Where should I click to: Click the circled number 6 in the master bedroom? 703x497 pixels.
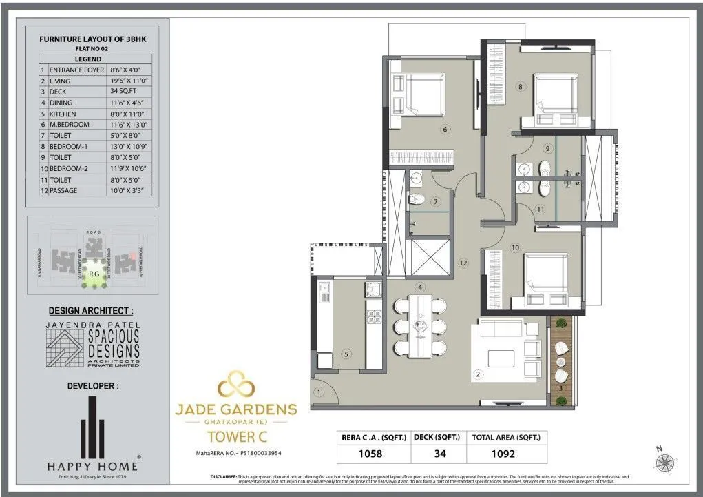point(445,129)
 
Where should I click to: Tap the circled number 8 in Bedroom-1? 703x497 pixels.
point(521,87)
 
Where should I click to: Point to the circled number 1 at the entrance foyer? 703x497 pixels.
point(319,392)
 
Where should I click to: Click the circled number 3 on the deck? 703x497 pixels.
point(562,388)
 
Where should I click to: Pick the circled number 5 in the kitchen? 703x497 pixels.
point(346,354)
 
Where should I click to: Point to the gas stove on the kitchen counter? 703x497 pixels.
point(375,316)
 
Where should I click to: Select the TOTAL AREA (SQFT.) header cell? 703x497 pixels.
point(506,437)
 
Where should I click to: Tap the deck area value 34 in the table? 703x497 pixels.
point(439,454)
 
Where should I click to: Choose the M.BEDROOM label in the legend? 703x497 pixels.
point(70,125)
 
